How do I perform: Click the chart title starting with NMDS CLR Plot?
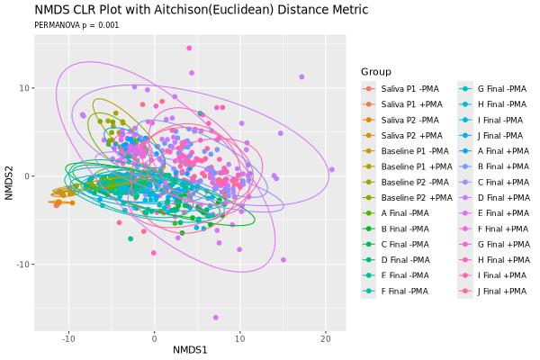pyautogui.click(x=202, y=10)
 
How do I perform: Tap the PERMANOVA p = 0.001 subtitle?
pyautogui.click(x=76, y=25)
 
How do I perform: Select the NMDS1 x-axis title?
pyautogui.click(x=190, y=350)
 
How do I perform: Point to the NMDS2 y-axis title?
pyautogui.click(x=9, y=183)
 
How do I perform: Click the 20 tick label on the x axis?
pyautogui.click(x=326, y=339)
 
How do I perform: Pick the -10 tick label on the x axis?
pyautogui.click(x=68, y=339)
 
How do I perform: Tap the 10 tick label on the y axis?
pyautogui.click(x=25, y=88)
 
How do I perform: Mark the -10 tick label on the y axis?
pyautogui.click(x=23, y=265)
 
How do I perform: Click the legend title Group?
pyautogui.click(x=376, y=72)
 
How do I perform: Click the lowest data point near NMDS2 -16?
pyautogui.click(x=216, y=318)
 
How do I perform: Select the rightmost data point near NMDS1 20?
pyautogui.click(x=332, y=169)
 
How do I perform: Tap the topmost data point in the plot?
pyautogui.click(x=189, y=48)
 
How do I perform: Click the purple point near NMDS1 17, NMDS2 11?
pyautogui.click(x=301, y=76)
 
